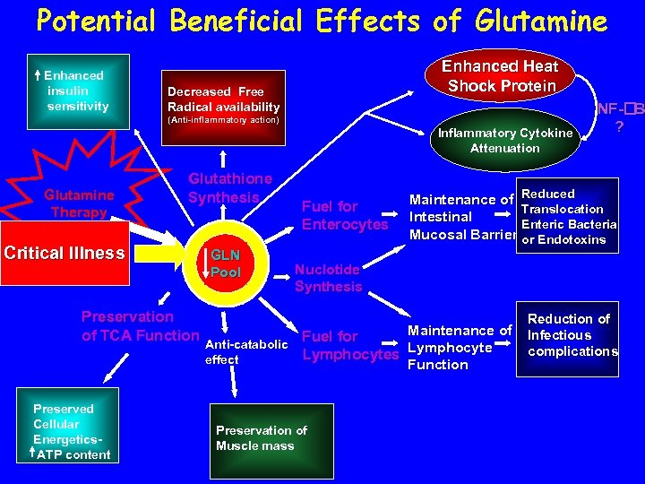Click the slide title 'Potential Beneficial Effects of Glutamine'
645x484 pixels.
[x=322, y=22]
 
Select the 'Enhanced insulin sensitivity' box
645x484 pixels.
[x=75, y=91]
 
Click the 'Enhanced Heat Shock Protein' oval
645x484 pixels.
[x=502, y=76]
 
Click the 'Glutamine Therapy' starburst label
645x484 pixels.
[x=79, y=203]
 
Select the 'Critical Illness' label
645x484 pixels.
[x=64, y=253]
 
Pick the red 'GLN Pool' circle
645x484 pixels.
[x=226, y=264]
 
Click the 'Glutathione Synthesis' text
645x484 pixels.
[x=229, y=188]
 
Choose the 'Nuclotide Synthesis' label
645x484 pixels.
[x=328, y=278]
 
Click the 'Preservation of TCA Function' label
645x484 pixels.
[x=139, y=326]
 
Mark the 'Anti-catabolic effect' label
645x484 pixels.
[x=246, y=352]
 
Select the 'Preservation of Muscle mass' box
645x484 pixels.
[x=261, y=439]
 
